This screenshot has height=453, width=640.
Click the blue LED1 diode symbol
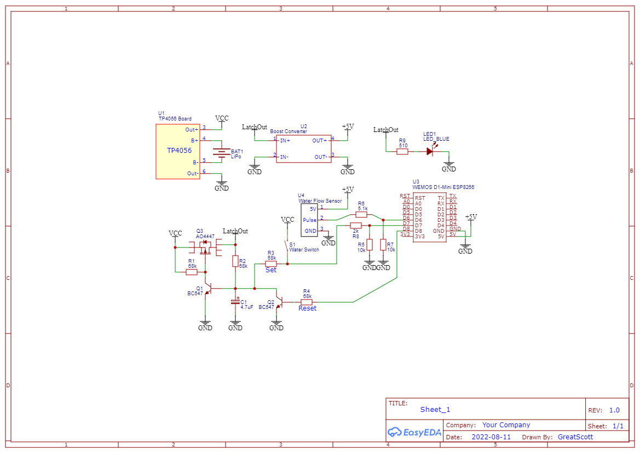(430, 151)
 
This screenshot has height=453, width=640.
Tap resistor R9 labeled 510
(402, 151)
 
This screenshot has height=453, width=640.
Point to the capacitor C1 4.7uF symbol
(235, 302)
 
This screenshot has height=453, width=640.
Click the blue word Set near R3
(271, 269)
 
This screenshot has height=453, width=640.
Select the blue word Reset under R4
(307, 308)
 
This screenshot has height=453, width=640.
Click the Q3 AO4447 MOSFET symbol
(206, 248)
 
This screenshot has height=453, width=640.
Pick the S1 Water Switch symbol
(286, 248)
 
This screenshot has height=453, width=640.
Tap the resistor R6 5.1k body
(361, 215)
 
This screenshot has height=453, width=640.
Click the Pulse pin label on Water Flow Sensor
(309, 220)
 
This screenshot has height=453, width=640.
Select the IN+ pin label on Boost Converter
(285, 140)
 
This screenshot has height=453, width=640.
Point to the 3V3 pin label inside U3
(419, 236)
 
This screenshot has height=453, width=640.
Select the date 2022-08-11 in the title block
(491, 437)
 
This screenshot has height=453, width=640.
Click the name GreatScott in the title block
(575, 437)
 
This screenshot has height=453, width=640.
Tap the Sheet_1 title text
(435, 410)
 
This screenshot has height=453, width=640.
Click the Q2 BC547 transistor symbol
(279, 302)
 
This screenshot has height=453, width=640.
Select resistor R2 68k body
(235, 261)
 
